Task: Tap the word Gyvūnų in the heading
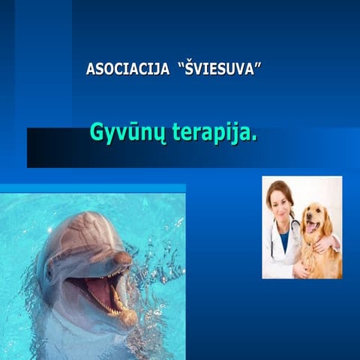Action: click(122, 133)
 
